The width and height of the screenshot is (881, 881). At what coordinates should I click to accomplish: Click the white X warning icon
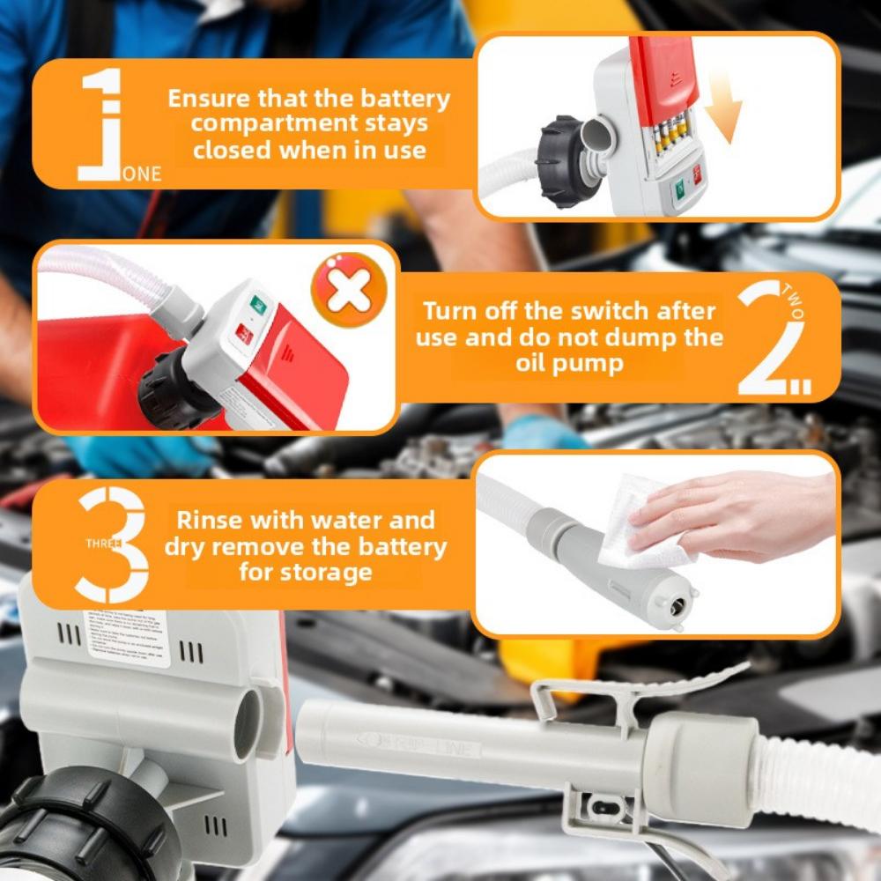(x=349, y=291)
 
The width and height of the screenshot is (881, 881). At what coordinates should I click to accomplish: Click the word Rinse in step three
(x=211, y=520)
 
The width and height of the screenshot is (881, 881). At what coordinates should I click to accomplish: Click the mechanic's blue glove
(x=534, y=433)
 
